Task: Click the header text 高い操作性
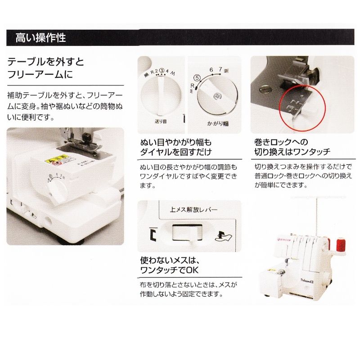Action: tap(40, 37)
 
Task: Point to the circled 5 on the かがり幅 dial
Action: tap(197, 77)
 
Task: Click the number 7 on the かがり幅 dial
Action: tap(220, 69)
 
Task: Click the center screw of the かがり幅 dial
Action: tap(218, 95)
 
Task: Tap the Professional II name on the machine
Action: tap(307, 279)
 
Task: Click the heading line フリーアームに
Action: tap(40, 74)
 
